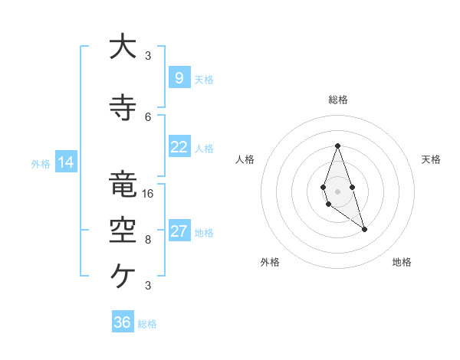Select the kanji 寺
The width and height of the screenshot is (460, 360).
[122, 108]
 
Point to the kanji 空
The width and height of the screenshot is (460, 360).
[122, 231]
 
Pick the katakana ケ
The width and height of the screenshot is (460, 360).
[122, 273]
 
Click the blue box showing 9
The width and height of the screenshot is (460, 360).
[179, 77]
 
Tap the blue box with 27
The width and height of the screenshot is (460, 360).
[179, 231]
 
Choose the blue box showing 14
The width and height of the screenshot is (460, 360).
[66, 162]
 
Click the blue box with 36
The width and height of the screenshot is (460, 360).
[123, 322]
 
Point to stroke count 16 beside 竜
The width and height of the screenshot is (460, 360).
[148, 193]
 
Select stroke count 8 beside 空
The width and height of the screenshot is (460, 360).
[148, 239]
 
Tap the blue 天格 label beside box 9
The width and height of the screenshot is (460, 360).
[204, 79]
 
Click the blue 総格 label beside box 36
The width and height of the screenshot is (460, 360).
[147, 324]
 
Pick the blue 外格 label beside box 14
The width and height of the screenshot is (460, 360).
[41, 163]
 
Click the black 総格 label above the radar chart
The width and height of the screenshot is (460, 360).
[337, 100]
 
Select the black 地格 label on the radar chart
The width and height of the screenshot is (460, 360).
[402, 262]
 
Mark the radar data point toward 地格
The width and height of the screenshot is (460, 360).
[364, 229]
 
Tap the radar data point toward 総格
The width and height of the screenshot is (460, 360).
[337, 146]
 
